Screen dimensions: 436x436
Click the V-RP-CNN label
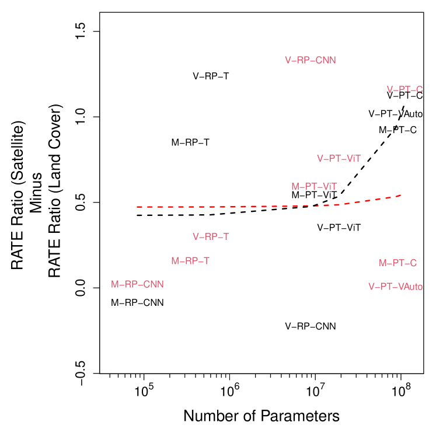click(310, 60)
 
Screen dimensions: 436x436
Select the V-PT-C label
click(404, 89)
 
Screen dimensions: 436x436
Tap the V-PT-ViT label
click(339, 158)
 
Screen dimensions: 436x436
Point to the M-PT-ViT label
click(314, 186)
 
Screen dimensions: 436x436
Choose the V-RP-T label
click(211, 236)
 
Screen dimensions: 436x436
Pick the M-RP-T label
click(190, 261)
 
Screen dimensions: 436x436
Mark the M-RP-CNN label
click(137, 284)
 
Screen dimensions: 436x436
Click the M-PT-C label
click(397, 263)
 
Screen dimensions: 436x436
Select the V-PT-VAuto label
click(395, 287)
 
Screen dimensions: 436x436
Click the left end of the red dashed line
click(137, 207)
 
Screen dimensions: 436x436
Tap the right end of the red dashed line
click(400, 196)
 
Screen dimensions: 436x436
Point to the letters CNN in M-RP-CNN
click(154, 284)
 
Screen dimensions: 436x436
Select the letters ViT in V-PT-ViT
click(353, 158)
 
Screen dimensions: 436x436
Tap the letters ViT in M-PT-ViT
click(329, 186)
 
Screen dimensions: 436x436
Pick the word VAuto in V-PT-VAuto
click(410, 287)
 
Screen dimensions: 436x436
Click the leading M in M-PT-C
click(383, 263)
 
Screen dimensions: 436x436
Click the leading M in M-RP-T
click(175, 261)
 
